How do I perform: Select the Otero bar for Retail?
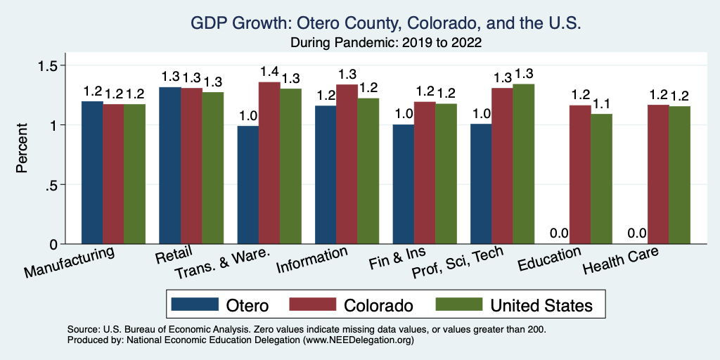pos(170,165)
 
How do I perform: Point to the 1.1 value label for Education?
pos(602,103)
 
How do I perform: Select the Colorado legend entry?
pos(352,304)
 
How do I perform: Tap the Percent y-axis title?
pos(22,149)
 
